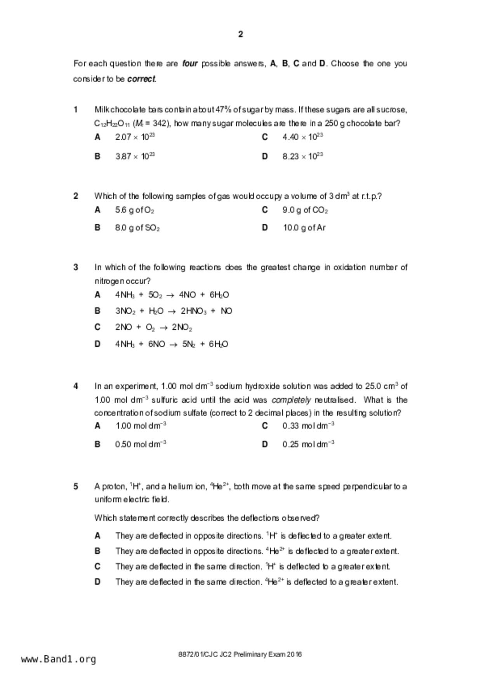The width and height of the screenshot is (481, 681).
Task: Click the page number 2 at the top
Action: point(241,35)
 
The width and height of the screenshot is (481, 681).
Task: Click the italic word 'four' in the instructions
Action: point(190,64)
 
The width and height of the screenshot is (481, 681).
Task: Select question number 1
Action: point(76,110)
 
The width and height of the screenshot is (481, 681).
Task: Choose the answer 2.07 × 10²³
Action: point(135,137)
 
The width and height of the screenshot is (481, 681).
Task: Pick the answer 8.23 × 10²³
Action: point(303,156)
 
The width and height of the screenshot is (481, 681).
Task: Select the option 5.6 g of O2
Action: point(134,210)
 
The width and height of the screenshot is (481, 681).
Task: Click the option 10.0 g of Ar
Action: point(304,228)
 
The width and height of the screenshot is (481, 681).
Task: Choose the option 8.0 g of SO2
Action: point(137,228)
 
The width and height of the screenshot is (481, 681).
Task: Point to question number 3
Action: point(76,268)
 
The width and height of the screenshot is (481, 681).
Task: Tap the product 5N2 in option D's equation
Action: point(189,344)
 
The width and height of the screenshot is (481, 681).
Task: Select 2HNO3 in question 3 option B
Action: point(193,311)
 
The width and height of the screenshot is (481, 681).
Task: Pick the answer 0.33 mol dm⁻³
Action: point(308,426)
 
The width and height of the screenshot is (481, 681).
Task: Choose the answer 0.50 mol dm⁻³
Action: point(141,444)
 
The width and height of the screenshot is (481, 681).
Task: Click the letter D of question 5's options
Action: point(97,582)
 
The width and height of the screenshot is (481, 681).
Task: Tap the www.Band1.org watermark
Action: point(59,659)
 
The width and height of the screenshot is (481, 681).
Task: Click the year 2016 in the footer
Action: point(294,655)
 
